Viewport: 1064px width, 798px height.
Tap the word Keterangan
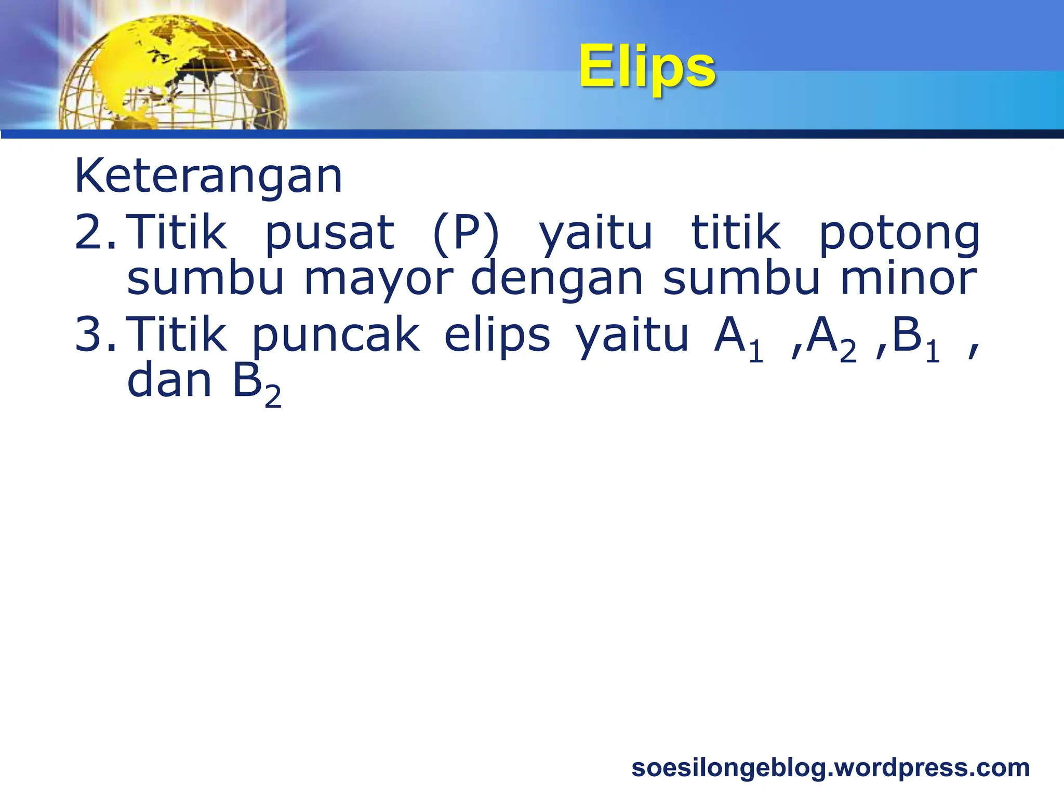click(208, 176)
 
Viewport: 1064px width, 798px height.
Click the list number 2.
click(96, 232)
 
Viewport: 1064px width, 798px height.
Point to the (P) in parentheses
click(465, 234)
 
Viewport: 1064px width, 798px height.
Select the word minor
click(909, 278)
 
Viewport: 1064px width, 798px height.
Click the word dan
click(169, 381)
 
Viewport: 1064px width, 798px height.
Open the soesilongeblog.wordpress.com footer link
click(830, 768)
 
